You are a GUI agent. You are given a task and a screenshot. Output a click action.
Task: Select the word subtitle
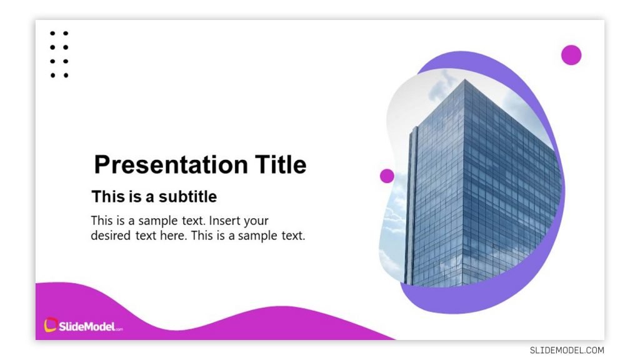coord(187,197)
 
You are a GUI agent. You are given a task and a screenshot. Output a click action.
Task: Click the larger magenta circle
coord(571,55)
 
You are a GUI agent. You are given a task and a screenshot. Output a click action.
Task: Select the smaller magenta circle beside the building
coord(387,176)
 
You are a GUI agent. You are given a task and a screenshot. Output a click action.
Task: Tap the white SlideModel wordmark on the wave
coord(87,326)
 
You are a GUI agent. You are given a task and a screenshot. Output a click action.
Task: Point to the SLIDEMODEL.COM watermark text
coord(567,351)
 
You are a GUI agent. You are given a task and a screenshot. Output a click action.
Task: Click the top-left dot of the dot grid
coord(52,33)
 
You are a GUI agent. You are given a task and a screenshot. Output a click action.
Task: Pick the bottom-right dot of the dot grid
coord(66,76)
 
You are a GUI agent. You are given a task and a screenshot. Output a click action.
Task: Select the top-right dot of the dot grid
coord(66,33)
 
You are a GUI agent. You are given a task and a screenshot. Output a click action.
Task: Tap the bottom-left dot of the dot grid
coord(52,76)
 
